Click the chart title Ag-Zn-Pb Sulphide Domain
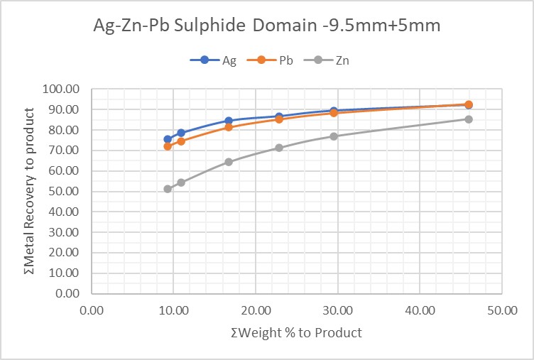266,27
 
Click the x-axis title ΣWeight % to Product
296,332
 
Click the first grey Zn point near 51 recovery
168,189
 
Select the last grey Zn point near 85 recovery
469,119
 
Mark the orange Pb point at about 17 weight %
229,127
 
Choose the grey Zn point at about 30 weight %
334,136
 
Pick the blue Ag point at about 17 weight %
229,121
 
